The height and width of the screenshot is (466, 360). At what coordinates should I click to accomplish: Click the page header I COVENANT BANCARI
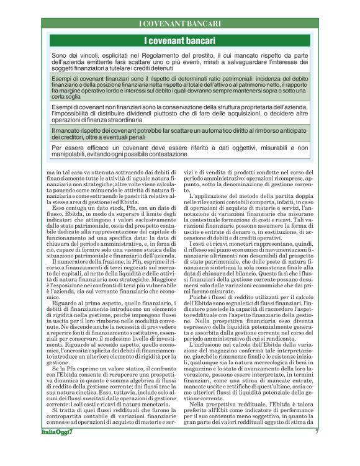(179, 24)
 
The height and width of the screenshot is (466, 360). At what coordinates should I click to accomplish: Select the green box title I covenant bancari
(179, 41)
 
